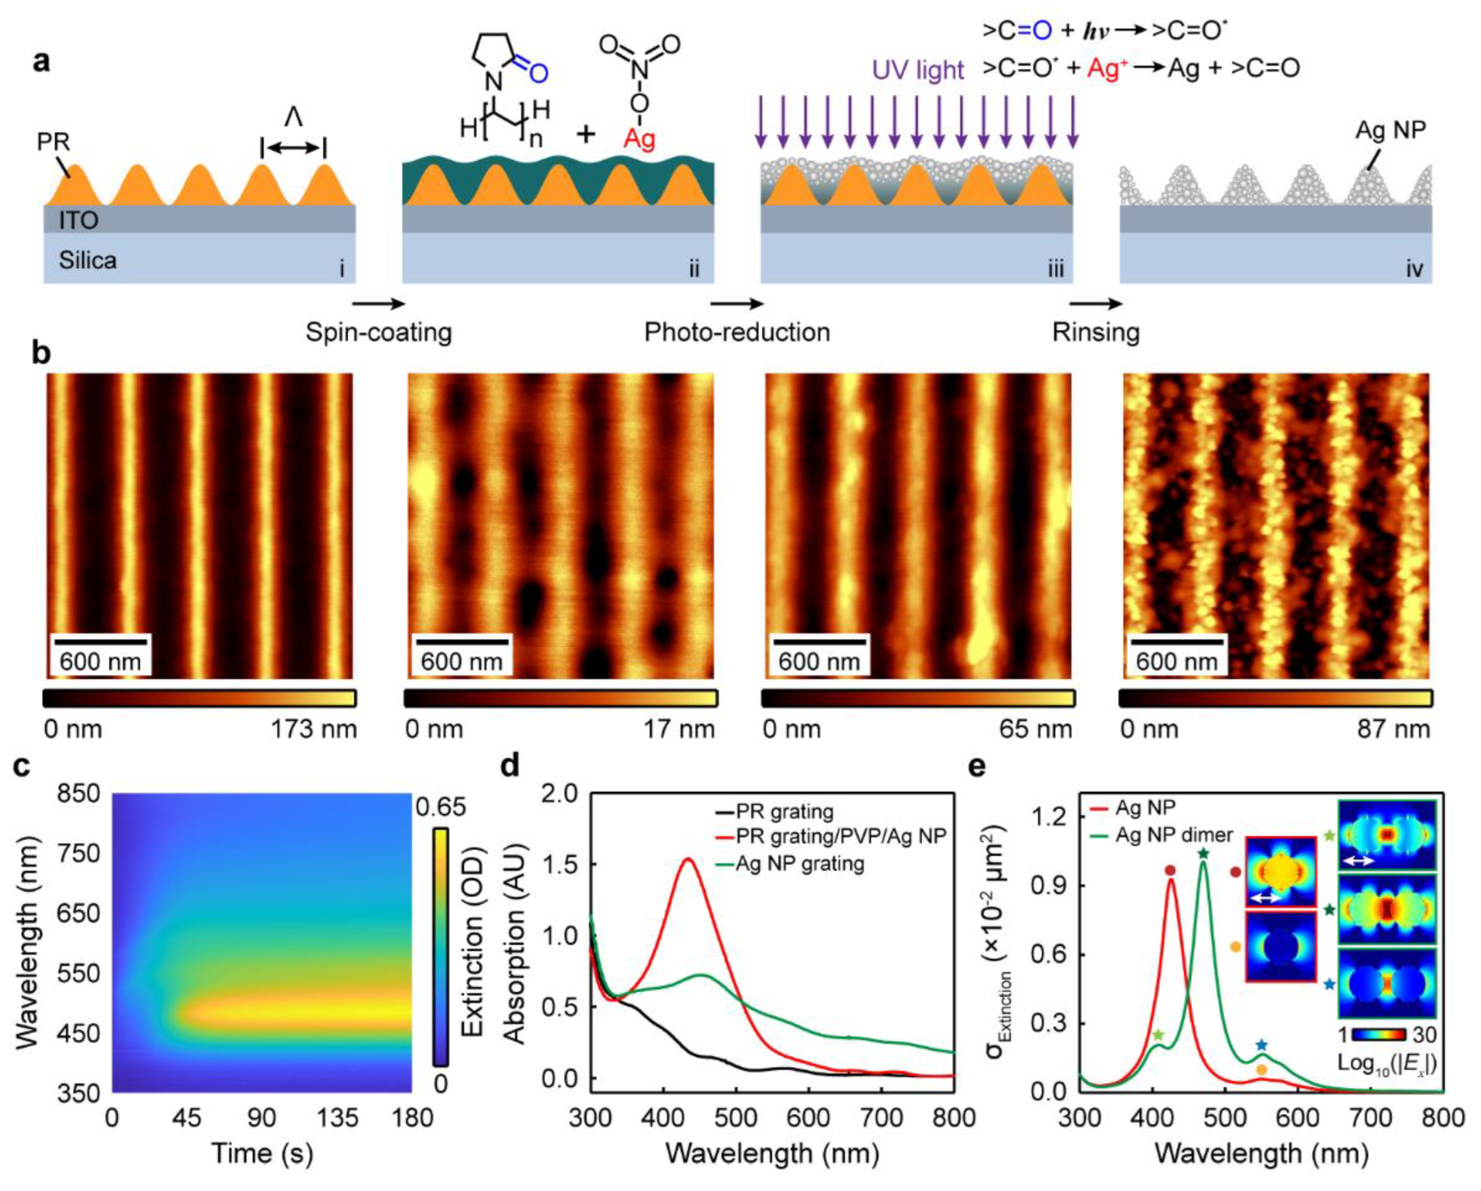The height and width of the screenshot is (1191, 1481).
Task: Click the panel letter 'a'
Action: pyautogui.click(x=43, y=62)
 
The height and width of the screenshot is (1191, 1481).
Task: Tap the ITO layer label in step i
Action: pyautogui.click(x=78, y=221)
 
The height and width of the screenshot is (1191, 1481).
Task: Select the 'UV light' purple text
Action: pyautogui.click(x=918, y=70)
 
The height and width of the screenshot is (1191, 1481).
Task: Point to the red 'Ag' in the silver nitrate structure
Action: pyautogui.click(x=640, y=140)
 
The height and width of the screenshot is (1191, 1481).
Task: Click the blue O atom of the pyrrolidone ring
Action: pyautogui.click(x=538, y=73)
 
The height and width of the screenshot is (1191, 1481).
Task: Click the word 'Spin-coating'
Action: pyautogui.click(x=378, y=333)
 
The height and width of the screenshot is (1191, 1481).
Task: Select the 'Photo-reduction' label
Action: pyautogui.click(x=737, y=333)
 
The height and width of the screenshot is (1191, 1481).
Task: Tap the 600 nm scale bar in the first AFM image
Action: pyautogui.click(x=100, y=641)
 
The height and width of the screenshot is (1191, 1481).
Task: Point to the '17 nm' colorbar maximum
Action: pyautogui.click(x=689, y=729)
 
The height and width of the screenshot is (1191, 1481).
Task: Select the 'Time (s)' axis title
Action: pyautogui.click(x=261, y=1153)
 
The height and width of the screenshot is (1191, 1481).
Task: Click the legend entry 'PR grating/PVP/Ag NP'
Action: pyautogui.click(x=840, y=836)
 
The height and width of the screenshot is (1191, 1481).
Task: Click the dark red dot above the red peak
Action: pyautogui.click(x=1171, y=871)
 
